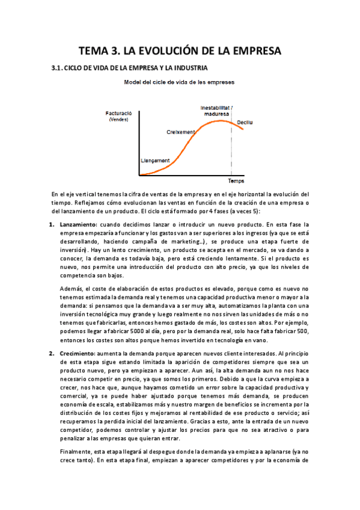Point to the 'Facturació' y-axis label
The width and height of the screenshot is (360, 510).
pos(118,112)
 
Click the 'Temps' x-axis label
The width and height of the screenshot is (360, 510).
pos(236,180)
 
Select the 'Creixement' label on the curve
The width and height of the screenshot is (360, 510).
pos(180,132)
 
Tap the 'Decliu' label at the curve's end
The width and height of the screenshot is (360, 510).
pos(245,122)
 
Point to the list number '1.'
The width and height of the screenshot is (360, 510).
pos(52,224)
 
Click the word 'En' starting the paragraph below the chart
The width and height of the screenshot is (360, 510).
pos(55,194)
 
